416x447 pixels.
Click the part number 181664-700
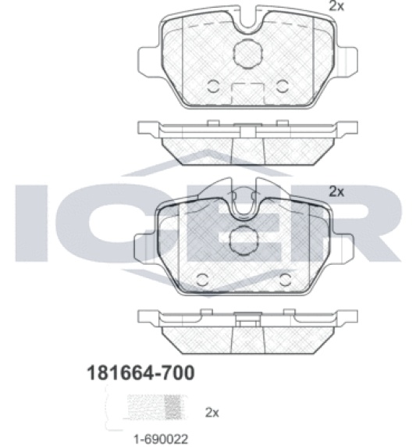(140, 373)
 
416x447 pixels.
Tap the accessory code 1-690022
(161, 439)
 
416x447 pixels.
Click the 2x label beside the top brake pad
(336, 5)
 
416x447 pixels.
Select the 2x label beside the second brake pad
(336, 191)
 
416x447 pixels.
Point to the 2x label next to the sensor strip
(212, 413)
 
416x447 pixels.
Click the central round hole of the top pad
(247, 54)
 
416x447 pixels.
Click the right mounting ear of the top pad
(347, 61)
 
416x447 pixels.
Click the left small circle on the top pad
(212, 87)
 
